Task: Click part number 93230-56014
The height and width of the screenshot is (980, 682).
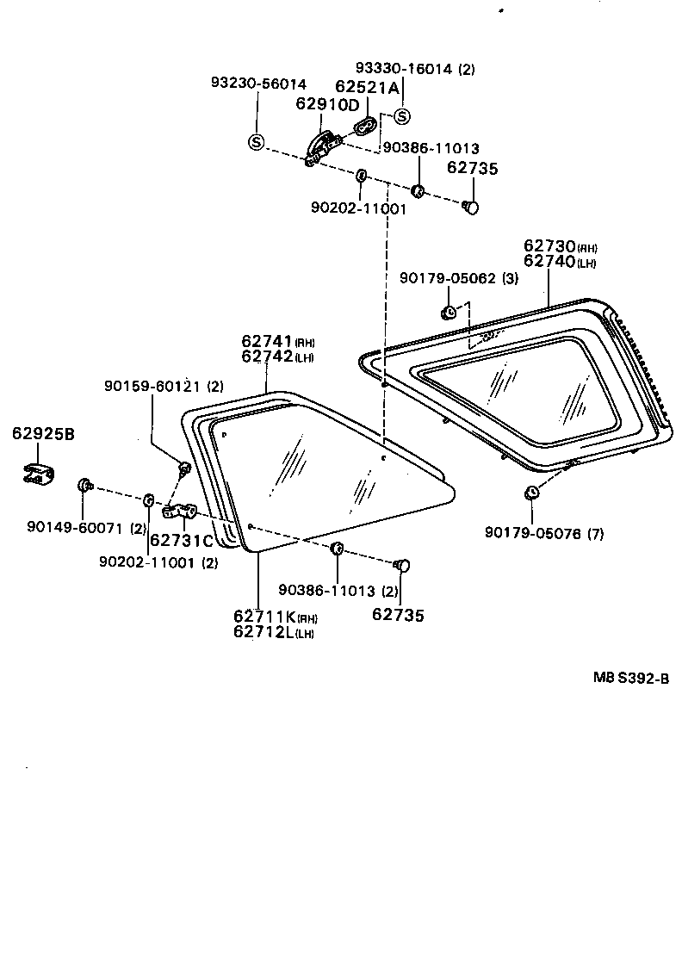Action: pyautogui.click(x=258, y=84)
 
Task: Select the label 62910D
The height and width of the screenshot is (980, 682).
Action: pyautogui.click(x=327, y=105)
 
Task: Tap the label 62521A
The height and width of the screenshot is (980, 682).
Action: pyautogui.click(x=368, y=87)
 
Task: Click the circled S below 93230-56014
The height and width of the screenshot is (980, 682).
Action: pyautogui.click(x=256, y=142)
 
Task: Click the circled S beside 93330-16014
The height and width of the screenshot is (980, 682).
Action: pyautogui.click(x=403, y=116)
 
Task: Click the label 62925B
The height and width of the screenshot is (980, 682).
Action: pyautogui.click(x=43, y=433)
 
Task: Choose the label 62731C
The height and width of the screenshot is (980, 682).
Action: pyautogui.click(x=181, y=541)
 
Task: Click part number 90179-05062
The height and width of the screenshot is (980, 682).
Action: pyautogui.click(x=448, y=277)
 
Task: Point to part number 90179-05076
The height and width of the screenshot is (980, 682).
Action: pyautogui.click(x=533, y=534)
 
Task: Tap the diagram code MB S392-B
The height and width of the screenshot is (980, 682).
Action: pyautogui.click(x=630, y=677)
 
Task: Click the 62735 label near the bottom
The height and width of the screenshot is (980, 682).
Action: pyautogui.click(x=399, y=615)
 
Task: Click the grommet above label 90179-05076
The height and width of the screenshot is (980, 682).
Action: pyautogui.click(x=531, y=493)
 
